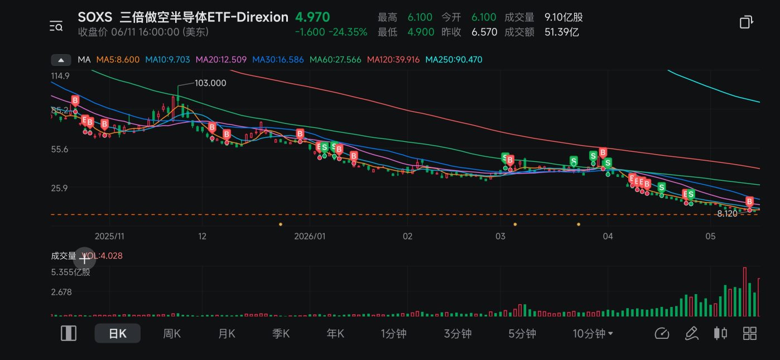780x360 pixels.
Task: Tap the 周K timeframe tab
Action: [x=172, y=334]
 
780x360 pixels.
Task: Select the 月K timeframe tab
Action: [x=227, y=334]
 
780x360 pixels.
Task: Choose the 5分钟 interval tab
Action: [x=522, y=334]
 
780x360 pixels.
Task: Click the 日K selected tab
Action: [x=118, y=334]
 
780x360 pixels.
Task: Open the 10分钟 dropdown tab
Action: [x=593, y=334]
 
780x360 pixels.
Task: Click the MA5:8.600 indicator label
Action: [x=118, y=60]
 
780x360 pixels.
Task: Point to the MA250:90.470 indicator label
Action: [x=454, y=60]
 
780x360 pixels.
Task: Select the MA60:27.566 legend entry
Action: [x=335, y=60]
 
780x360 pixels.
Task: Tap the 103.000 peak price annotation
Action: [x=210, y=83]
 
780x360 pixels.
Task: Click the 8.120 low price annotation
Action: [x=727, y=213]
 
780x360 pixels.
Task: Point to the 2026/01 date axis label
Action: [x=310, y=236]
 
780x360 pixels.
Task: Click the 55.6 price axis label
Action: [x=60, y=149]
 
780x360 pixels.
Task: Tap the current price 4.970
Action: [x=312, y=17]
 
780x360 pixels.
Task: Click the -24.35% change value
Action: [x=348, y=32]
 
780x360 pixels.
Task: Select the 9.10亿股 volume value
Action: [x=564, y=17]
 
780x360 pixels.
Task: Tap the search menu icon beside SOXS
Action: [x=56, y=26]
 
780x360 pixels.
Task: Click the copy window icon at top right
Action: [x=746, y=22]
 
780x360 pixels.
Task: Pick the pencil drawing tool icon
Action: [x=691, y=333]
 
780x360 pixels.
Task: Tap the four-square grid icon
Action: [x=750, y=333]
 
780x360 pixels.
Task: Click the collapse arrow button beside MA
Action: [x=61, y=60]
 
